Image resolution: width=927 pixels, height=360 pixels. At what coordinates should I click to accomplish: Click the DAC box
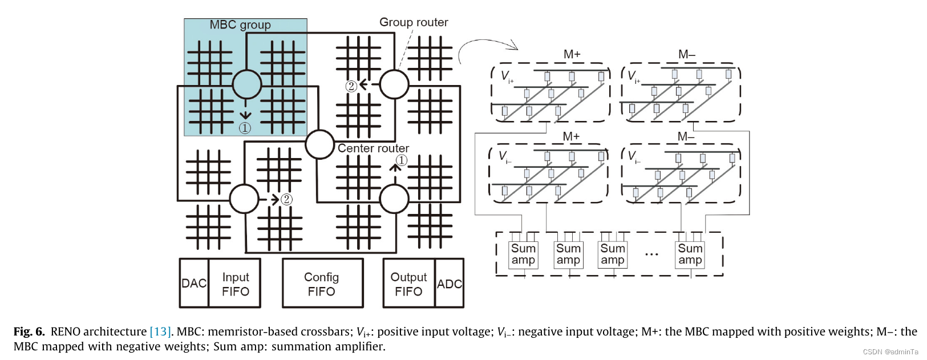click(x=194, y=283)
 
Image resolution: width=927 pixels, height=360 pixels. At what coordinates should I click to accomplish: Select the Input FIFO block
click(x=235, y=284)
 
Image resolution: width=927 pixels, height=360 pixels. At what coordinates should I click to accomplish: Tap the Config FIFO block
click(x=322, y=284)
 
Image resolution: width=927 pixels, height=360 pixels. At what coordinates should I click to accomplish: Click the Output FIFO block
click(x=408, y=284)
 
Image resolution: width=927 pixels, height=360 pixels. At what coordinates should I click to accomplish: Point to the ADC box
click(x=450, y=284)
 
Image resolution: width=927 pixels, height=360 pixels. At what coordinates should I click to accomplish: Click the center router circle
click(x=319, y=144)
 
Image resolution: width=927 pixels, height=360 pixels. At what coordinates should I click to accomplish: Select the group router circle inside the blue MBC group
click(x=246, y=84)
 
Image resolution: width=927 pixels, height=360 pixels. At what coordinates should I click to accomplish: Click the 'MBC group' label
click(x=240, y=25)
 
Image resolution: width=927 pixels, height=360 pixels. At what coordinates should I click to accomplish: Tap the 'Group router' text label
click(x=414, y=22)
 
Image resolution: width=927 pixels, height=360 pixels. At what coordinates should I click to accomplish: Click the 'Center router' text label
click(x=373, y=148)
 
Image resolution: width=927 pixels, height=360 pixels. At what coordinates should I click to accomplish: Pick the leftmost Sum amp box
click(x=523, y=254)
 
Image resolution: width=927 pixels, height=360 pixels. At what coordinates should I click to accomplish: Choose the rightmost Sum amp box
click(x=690, y=254)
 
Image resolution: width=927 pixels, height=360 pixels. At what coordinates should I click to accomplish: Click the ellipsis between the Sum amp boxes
click(x=651, y=254)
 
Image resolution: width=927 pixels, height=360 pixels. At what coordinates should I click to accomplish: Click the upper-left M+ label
click(x=572, y=54)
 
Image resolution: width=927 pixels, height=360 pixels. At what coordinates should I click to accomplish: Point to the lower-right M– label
click(x=686, y=136)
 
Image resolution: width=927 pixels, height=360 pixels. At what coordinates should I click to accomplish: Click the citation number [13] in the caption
click(x=160, y=331)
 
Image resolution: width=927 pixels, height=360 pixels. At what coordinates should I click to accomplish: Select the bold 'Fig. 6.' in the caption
click(x=29, y=331)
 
